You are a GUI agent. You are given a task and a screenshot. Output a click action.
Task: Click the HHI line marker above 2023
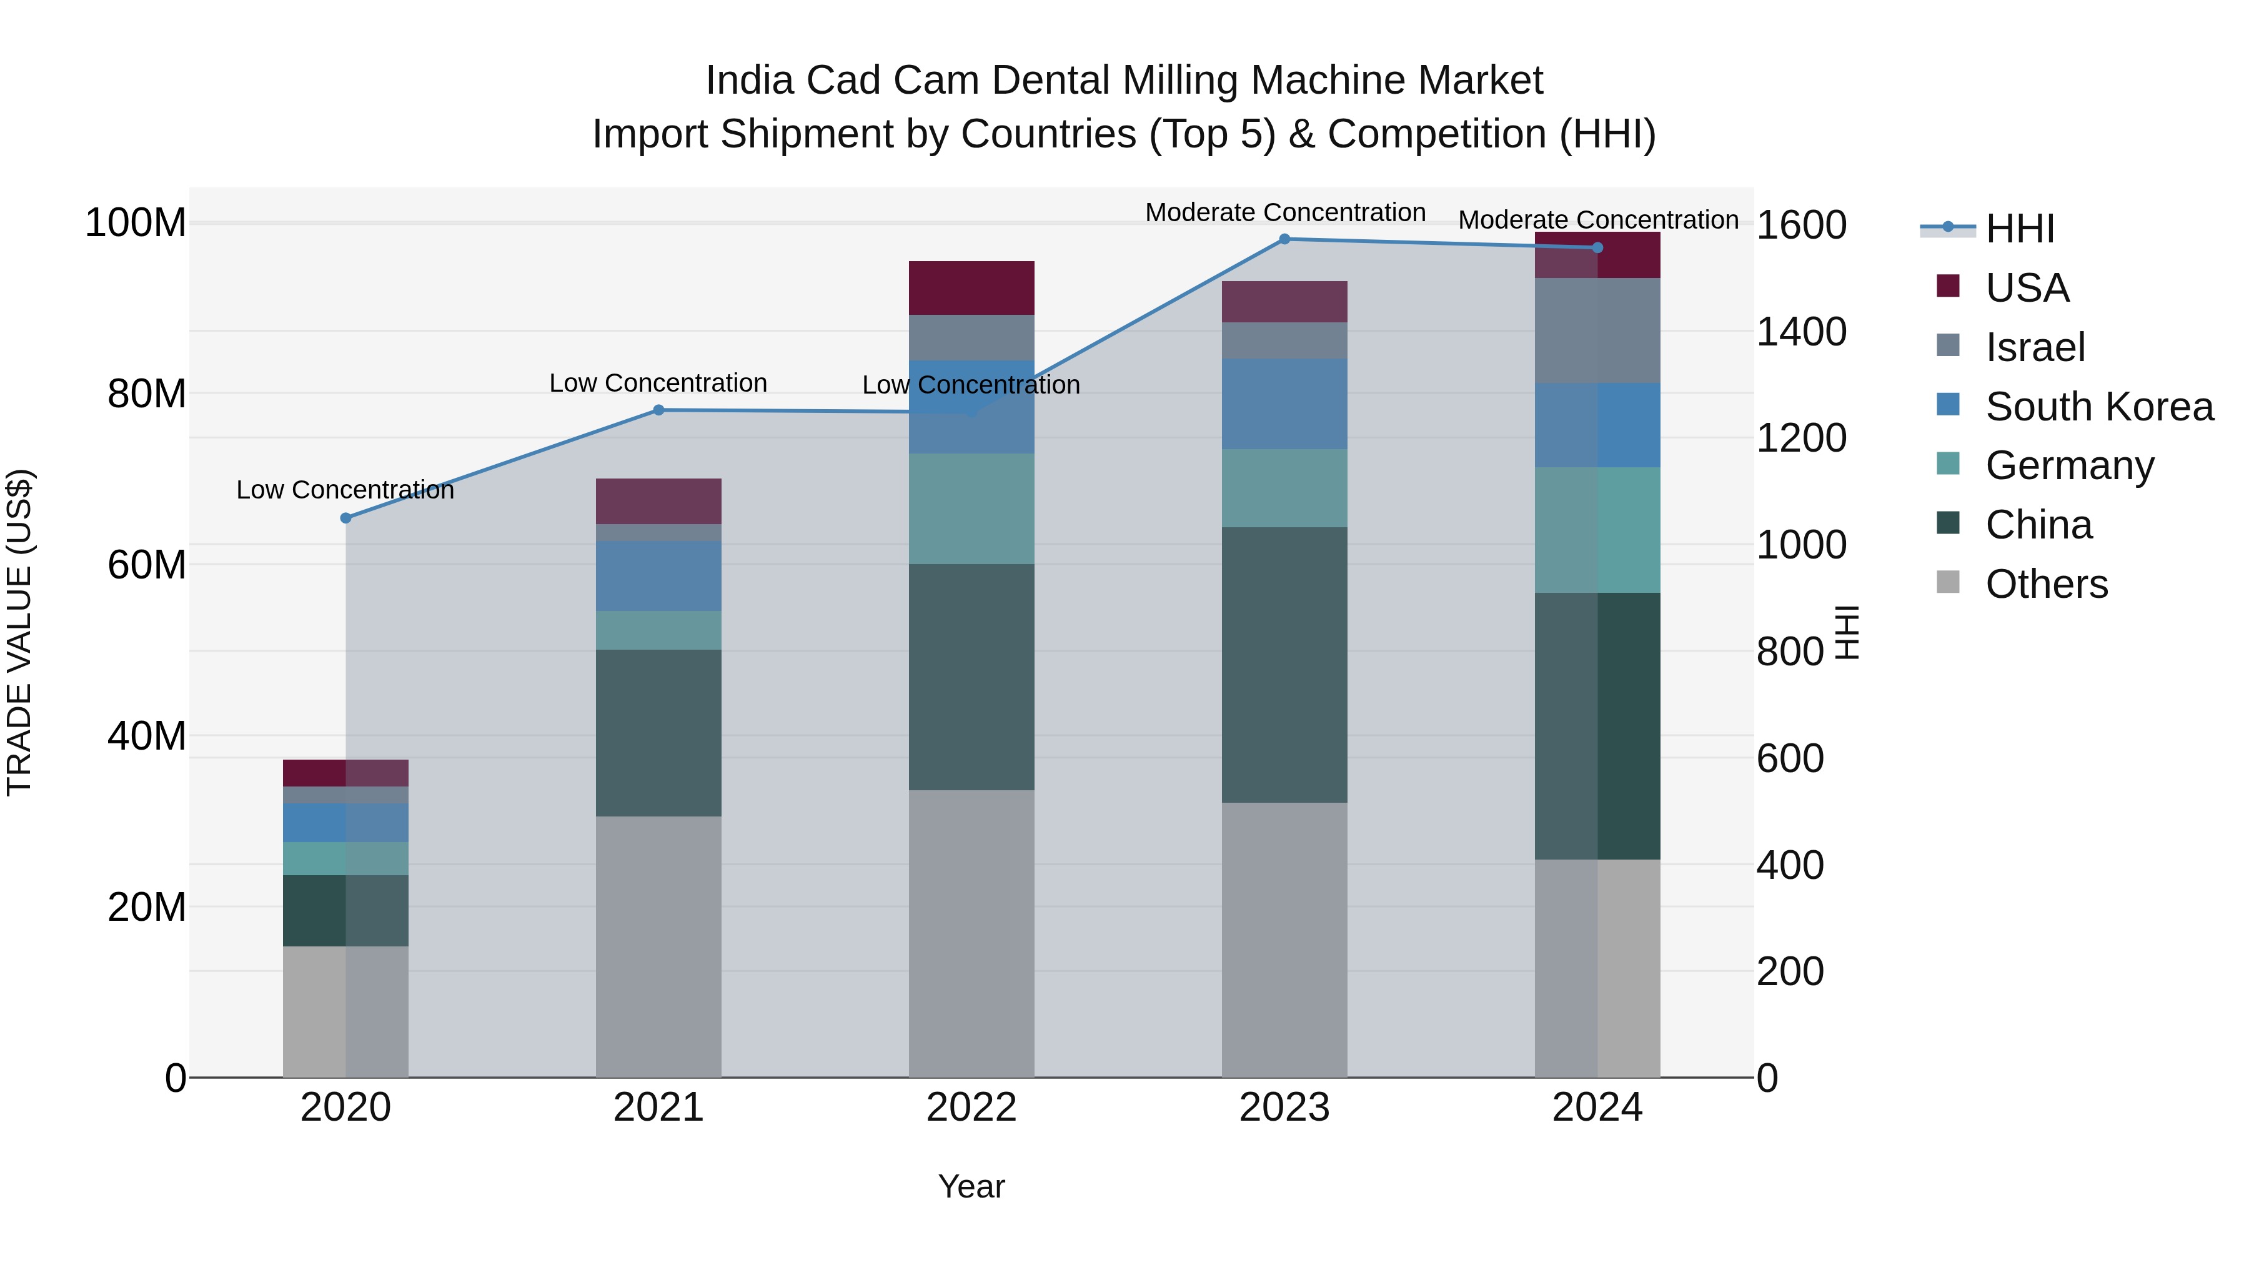coord(1284,239)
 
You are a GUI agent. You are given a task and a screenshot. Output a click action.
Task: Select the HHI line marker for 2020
coord(345,518)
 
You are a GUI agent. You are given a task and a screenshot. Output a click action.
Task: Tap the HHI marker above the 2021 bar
coord(658,410)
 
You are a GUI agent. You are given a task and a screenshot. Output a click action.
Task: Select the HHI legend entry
coord(2018,229)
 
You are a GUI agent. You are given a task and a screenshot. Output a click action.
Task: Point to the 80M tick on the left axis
coord(147,394)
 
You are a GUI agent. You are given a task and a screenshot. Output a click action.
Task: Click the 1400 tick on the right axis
coord(1801,332)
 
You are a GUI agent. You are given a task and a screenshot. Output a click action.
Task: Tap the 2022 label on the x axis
coord(971,1108)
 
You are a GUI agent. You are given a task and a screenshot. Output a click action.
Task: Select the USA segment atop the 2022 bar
coord(971,287)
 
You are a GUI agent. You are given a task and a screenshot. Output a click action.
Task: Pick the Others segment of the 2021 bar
coord(658,946)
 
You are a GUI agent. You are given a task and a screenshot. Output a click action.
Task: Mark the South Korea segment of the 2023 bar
coord(1284,404)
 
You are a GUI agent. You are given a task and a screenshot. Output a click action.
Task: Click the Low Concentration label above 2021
coord(658,384)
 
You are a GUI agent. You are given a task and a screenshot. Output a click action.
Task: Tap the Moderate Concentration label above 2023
coord(1284,212)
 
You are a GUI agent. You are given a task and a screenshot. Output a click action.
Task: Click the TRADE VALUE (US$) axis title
coord(19,632)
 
